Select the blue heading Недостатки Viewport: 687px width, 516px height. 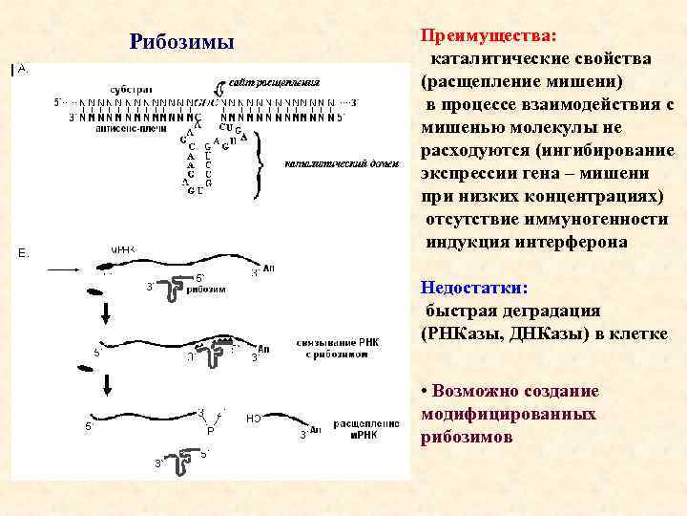point(474,288)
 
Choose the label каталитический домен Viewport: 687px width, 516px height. point(325,164)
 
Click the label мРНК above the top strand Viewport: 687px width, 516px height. point(125,250)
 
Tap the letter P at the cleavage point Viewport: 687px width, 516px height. point(210,431)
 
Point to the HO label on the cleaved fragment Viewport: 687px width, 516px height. point(253,419)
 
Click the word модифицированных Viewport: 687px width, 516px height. point(508,414)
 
